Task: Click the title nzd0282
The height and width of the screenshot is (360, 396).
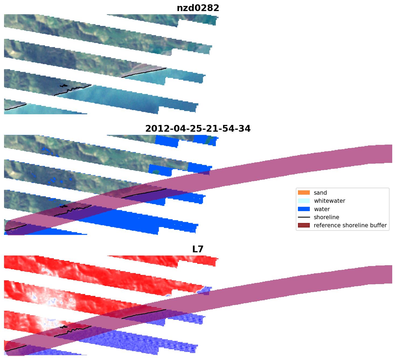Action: tap(198, 8)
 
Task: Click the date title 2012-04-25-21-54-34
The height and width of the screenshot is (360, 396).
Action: tap(198, 129)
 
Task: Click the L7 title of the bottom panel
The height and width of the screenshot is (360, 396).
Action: tap(198, 249)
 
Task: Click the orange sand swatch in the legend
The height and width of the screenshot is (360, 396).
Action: tap(304, 193)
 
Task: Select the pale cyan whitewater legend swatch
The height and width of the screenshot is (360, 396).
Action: tap(304, 201)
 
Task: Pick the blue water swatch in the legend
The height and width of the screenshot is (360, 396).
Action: tap(304, 209)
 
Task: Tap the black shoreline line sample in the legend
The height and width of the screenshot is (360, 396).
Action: tap(304, 217)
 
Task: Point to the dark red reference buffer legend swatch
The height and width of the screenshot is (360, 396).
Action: tap(304, 225)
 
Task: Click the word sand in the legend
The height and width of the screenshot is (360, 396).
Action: tap(320, 193)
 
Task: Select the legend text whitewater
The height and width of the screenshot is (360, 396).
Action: tap(329, 201)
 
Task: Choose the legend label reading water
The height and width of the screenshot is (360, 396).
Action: tap(322, 209)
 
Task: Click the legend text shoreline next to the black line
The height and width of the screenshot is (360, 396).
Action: tap(326, 217)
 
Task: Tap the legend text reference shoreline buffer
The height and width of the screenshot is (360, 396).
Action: tap(350, 225)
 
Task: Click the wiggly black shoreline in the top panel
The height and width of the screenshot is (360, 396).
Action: tap(73, 89)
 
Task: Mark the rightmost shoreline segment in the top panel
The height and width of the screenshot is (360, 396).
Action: tap(144, 72)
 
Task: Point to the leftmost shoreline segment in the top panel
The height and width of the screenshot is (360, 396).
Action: tap(16, 107)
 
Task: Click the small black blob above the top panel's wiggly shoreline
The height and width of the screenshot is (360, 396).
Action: tap(64, 86)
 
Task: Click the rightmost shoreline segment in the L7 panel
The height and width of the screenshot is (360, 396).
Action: tap(144, 314)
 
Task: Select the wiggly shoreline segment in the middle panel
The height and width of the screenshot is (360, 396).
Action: tap(73, 209)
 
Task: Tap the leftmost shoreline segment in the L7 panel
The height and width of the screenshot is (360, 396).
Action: tap(16, 348)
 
